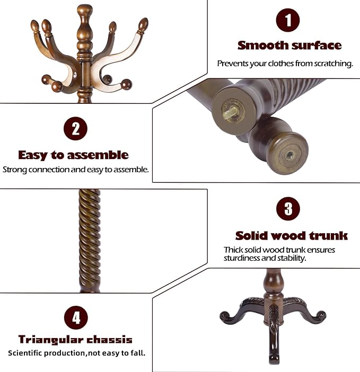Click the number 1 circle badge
click(x=288, y=21)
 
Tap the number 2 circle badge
click(x=75, y=130)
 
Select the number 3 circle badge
click(x=288, y=209)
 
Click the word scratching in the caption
click(x=334, y=64)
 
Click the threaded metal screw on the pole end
click(x=231, y=111)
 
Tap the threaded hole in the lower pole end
click(x=289, y=155)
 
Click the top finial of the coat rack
click(x=84, y=11)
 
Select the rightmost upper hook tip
click(x=143, y=24)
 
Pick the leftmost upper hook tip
click(x=35, y=26)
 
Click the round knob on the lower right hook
click(x=126, y=84)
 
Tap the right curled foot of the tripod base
click(x=320, y=316)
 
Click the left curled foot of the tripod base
click(x=225, y=317)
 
